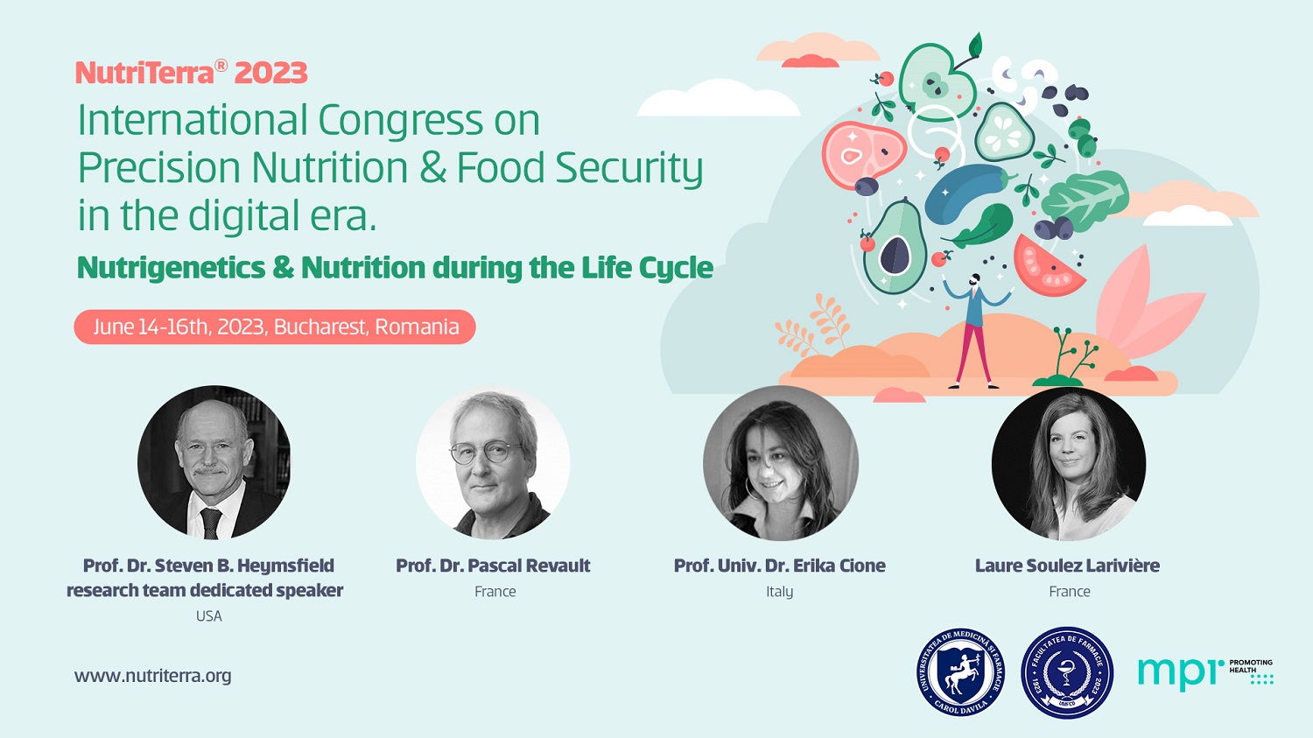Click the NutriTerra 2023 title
click(x=191, y=72)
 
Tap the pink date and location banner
click(x=274, y=327)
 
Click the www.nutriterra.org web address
click(x=153, y=676)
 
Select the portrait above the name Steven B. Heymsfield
click(x=214, y=462)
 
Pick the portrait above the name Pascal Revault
click(x=493, y=462)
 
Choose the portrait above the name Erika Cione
click(x=780, y=462)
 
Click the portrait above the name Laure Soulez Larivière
click(x=1069, y=463)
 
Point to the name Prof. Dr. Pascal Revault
click(x=493, y=566)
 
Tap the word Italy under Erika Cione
click(x=780, y=592)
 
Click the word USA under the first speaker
click(x=208, y=616)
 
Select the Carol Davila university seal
click(x=961, y=672)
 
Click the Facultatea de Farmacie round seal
click(x=1067, y=673)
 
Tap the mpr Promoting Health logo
click(x=1205, y=672)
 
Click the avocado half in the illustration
click(x=895, y=246)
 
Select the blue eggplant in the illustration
click(x=966, y=193)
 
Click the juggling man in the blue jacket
click(x=975, y=331)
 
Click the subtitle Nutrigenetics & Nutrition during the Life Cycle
click(x=395, y=268)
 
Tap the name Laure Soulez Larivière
click(x=1067, y=566)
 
